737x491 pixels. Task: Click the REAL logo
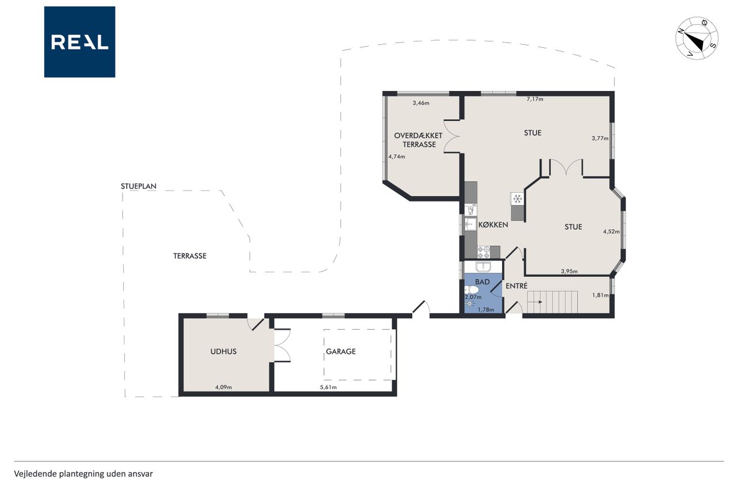pos(79,42)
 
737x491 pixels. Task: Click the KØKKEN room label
pos(493,224)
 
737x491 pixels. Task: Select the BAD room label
pos(483,282)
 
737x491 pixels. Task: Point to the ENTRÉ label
pos(516,286)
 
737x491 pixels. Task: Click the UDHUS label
pos(223,352)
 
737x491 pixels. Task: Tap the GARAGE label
pos(340,352)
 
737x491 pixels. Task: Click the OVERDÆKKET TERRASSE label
pos(419,140)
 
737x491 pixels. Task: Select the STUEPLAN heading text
pos(139,186)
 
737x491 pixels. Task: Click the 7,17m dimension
pos(535,99)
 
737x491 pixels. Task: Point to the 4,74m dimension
pos(397,157)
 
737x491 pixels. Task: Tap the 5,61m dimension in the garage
pos(328,387)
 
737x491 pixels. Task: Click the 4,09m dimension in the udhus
pos(223,387)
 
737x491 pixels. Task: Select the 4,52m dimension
pos(611,231)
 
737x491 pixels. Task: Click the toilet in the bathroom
pos(471,290)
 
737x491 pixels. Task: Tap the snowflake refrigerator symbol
pos(518,199)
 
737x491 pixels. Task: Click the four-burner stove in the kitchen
pos(484,252)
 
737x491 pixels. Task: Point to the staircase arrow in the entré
pos(538,302)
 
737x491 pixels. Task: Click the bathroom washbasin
pos(483,266)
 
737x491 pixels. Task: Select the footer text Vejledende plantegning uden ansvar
pos(83,474)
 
